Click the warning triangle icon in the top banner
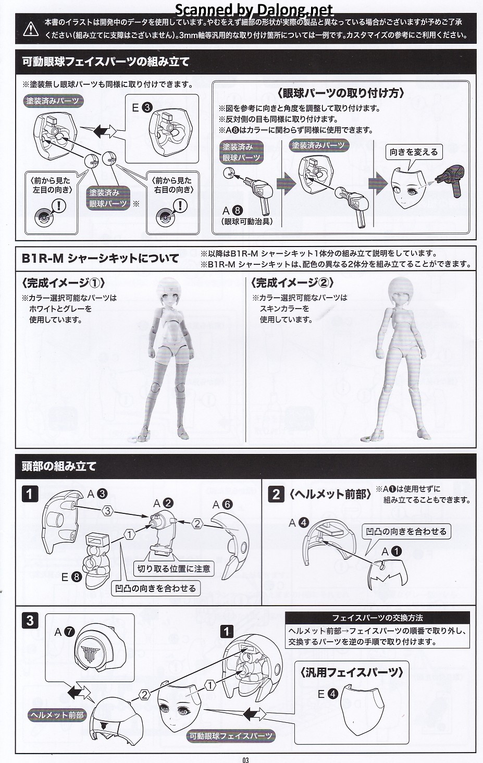point(31,29)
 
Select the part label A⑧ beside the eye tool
point(233,211)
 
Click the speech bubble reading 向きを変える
point(414,152)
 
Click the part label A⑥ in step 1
point(222,504)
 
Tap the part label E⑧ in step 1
point(71,576)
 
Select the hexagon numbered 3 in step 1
point(108,511)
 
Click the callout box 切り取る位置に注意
point(174,569)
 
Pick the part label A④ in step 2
point(299,523)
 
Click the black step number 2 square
point(276,494)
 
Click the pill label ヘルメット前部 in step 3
point(57,715)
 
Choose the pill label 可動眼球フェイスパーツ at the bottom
point(231,736)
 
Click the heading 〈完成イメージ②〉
point(292,282)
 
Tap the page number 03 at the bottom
point(245,759)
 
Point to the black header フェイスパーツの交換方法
point(377,618)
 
